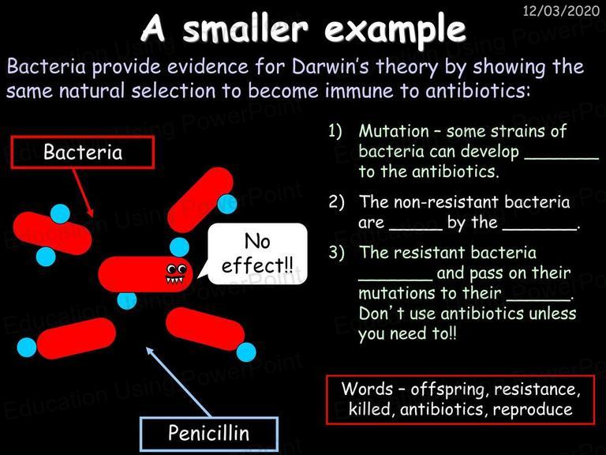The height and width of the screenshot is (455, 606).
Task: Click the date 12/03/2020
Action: click(561, 10)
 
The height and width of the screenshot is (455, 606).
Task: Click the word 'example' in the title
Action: click(395, 30)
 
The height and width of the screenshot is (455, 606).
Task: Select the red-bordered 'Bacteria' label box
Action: click(83, 152)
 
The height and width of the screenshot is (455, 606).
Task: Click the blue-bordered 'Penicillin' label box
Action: click(208, 434)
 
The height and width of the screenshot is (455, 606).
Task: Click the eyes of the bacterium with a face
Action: click(176, 269)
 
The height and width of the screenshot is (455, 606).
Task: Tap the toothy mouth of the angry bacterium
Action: click(174, 280)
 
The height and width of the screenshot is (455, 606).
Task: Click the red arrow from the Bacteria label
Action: click(83, 193)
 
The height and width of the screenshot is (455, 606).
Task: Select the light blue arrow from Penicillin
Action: click(178, 382)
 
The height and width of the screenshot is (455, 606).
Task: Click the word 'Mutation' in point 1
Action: click(394, 131)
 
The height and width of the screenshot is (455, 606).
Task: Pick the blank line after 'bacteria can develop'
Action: click(561, 157)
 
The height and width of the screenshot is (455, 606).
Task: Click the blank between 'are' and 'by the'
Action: click(416, 228)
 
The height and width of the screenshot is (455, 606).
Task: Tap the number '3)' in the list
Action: click(335, 253)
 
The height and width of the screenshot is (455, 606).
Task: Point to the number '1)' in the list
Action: click(335, 131)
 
